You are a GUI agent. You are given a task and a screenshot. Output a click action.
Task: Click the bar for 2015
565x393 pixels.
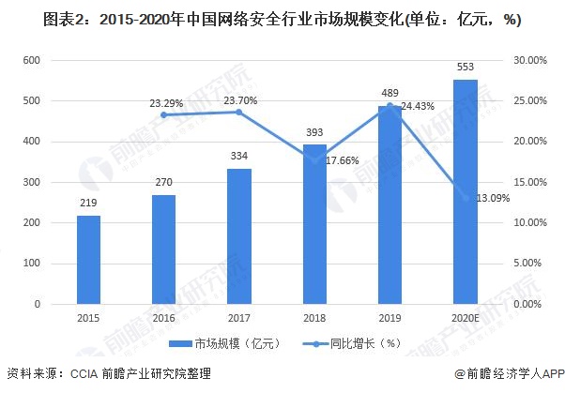(x=88, y=260)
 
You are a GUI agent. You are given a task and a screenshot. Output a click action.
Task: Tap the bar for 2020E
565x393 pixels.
(x=466, y=191)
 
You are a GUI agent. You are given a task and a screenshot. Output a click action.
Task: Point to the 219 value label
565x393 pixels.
(x=88, y=204)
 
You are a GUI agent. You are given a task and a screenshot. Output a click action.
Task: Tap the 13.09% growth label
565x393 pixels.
(x=494, y=198)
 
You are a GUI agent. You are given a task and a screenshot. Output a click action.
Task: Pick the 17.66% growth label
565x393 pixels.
(x=344, y=160)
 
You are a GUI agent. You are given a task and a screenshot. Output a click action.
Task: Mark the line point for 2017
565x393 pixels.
(x=239, y=112)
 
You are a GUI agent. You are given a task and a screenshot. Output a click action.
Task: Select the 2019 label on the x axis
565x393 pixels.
(x=389, y=319)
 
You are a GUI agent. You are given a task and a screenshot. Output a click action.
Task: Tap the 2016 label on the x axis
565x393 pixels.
(x=163, y=319)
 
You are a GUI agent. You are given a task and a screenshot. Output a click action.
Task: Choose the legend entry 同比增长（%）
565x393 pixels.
(x=345, y=342)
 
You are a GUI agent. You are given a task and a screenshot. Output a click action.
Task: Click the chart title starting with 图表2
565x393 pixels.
(x=282, y=19)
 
